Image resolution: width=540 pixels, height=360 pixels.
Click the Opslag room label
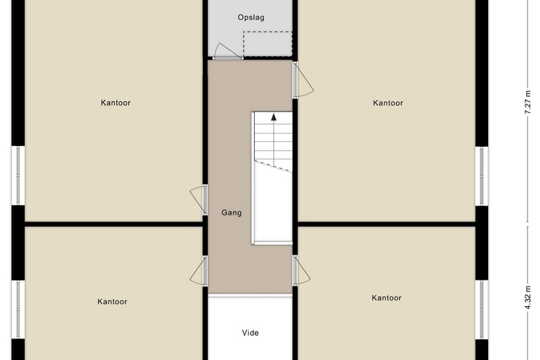pos(251,17)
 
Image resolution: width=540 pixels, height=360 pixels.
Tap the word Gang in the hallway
pos(232,213)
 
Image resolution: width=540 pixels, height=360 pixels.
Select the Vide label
pos(250,333)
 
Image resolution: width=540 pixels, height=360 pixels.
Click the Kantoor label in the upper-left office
pos(116,103)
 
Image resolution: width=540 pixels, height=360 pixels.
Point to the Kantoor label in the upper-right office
pos(388,103)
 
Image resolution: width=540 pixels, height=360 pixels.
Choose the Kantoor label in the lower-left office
pos(112,302)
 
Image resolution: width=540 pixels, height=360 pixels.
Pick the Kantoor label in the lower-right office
pos(386,298)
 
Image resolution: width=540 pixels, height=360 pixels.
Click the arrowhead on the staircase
pos(273,117)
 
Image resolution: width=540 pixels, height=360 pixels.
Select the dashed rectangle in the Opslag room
pos(267,44)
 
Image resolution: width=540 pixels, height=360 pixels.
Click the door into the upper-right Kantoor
pos(302,81)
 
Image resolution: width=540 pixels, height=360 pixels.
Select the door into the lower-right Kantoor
pos(302,271)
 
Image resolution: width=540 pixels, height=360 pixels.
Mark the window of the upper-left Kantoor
pos(19,176)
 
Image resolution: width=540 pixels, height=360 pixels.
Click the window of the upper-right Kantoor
pos(481,176)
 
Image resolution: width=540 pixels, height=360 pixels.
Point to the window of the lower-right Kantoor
pos(481,309)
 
